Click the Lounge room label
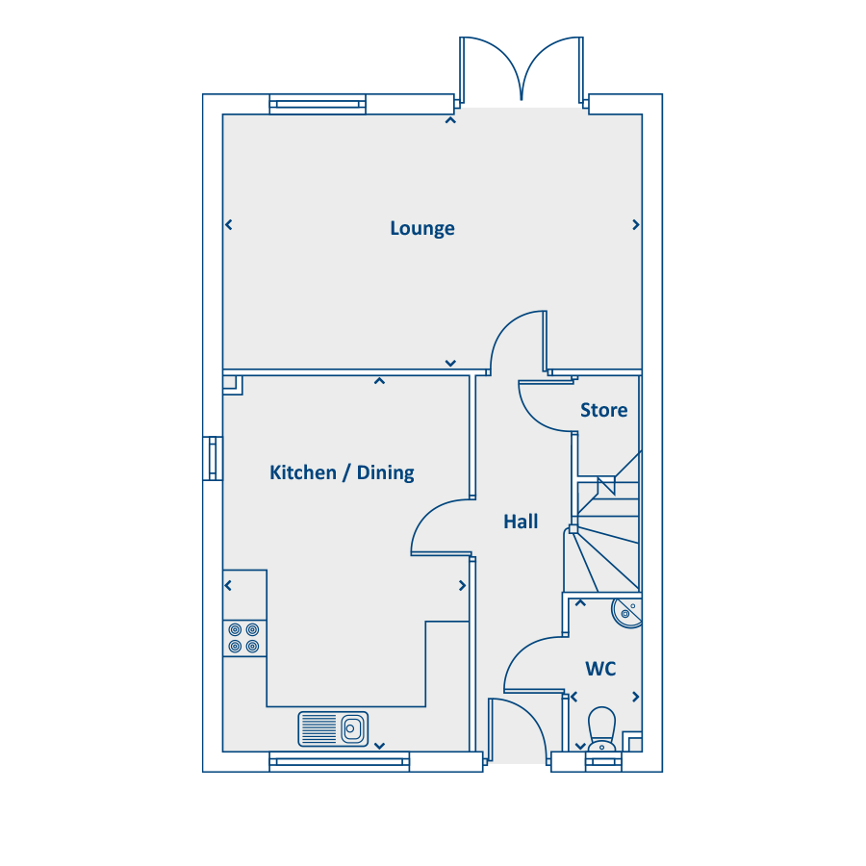click(x=422, y=228)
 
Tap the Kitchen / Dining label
click(x=342, y=472)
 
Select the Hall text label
click(x=521, y=522)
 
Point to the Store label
click(x=603, y=410)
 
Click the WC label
click(x=600, y=669)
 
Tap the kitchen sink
click(x=333, y=729)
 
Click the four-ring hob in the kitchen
click(x=244, y=638)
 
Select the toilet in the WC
click(x=602, y=729)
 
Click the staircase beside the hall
click(x=605, y=530)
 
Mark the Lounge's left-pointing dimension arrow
click(x=229, y=225)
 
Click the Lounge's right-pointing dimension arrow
click(x=636, y=225)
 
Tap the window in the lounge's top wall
click(x=318, y=104)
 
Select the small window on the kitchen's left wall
click(x=213, y=458)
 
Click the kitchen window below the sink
click(x=339, y=762)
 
